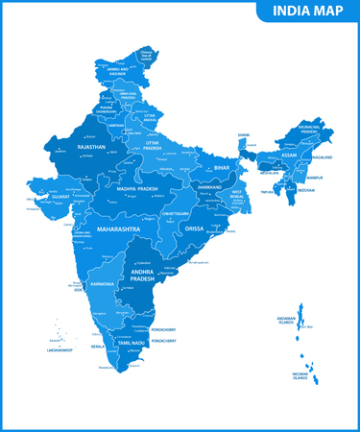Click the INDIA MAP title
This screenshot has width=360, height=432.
[306, 12]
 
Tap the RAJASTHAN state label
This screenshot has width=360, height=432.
[91, 148]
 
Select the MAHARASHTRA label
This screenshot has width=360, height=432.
[118, 230]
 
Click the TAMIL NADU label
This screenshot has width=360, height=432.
[132, 343]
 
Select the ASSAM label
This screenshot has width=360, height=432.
[285, 153]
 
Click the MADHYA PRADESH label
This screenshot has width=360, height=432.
[136, 189]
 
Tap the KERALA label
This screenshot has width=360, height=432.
[98, 345]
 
